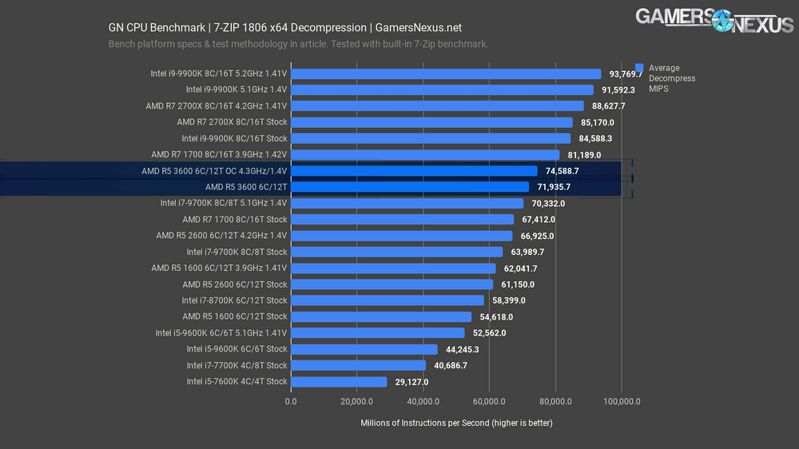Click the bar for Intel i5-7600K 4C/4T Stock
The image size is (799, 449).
click(x=339, y=382)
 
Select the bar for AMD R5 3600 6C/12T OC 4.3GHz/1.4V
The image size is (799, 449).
click(x=414, y=171)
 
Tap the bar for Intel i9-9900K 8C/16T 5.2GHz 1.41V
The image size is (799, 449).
click(x=446, y=74)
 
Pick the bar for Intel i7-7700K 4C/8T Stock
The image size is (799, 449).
click(x=358, y=365)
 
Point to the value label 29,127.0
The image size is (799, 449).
click(x=412, y=382)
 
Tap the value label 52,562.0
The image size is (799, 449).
click(x=490, y=333)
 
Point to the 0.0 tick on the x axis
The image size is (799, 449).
click(x=291, y=402)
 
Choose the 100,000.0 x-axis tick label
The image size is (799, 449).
click(x=621, y=402)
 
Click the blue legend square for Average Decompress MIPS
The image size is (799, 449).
click(x=639, y=68)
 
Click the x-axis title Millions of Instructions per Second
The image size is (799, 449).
click(x=456, y=423)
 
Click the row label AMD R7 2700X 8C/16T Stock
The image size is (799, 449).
click(x=232, y=122)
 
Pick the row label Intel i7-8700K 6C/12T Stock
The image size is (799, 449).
click(x=234, y=300)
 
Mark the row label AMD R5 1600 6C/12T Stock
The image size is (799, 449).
click(x=234, y=316)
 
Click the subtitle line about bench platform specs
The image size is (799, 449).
click(x=298, y=44)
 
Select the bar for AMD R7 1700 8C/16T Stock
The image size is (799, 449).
click(x=402, y=219)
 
